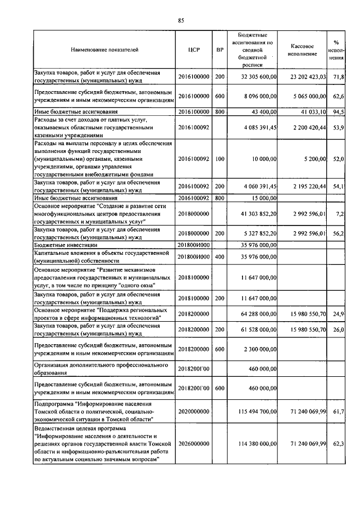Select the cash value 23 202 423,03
pos(306,76)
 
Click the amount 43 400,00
pos(264,112)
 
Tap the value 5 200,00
pos(315,160)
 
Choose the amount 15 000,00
pos(264,198)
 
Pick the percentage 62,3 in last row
pos(339,444)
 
